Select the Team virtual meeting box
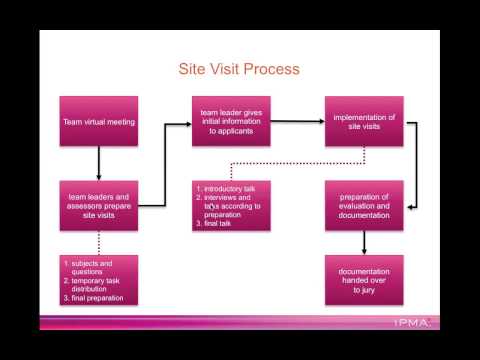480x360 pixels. coord(99,123)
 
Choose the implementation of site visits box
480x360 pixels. coord(364,123)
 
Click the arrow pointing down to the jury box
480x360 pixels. coord(364,242)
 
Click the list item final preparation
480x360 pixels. coord(99,298)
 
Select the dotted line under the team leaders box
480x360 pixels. coord(99,241)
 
